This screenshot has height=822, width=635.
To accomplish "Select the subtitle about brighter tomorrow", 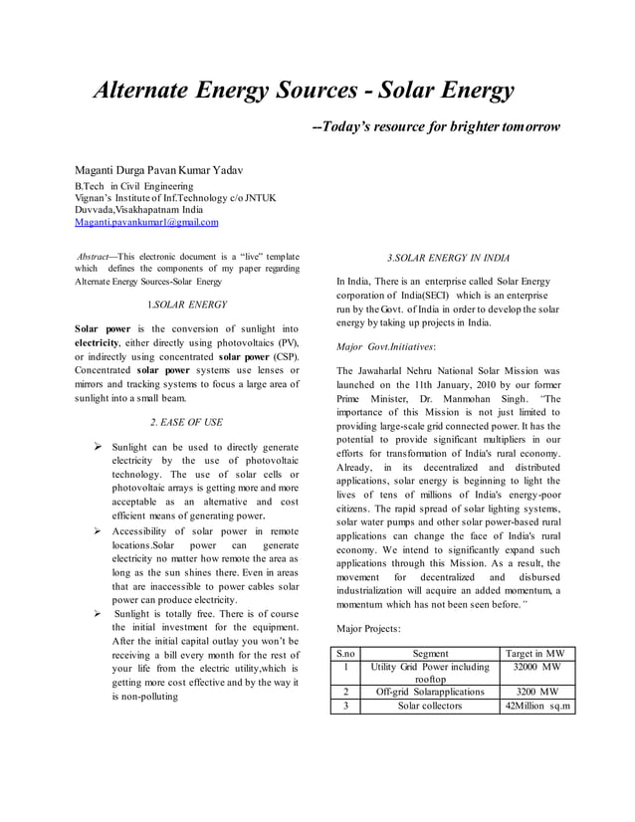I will pos(436,128).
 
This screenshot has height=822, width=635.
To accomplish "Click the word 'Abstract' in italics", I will pos(97,255).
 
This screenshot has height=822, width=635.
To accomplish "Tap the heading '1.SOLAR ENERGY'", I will pos(186,305).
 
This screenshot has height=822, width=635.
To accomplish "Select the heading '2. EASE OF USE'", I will pos(185,422).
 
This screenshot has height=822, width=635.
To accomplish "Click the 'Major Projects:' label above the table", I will pos(369,629).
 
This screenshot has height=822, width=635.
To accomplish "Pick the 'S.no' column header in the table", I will pos(345,653).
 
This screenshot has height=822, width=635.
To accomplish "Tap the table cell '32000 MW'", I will pos(537,667).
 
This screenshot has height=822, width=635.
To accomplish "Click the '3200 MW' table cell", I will pos(537,692).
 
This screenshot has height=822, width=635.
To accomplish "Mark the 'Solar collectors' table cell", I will pos(430,706).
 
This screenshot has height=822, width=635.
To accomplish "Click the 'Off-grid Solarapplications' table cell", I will pos(430,692).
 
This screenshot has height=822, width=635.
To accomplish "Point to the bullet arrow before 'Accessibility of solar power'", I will pos(98,532).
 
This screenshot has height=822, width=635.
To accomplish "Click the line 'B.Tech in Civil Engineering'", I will pos(137,186).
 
